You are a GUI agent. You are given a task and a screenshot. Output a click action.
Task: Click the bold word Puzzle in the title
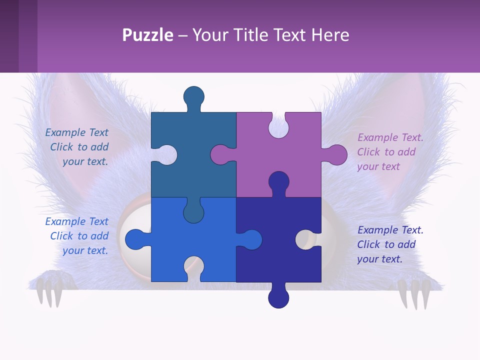click(x=147, y=35)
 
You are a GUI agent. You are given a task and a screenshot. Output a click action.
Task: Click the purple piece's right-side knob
click(x=336, y=155)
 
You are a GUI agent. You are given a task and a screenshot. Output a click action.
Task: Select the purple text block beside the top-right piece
click(x=389, y=152)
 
